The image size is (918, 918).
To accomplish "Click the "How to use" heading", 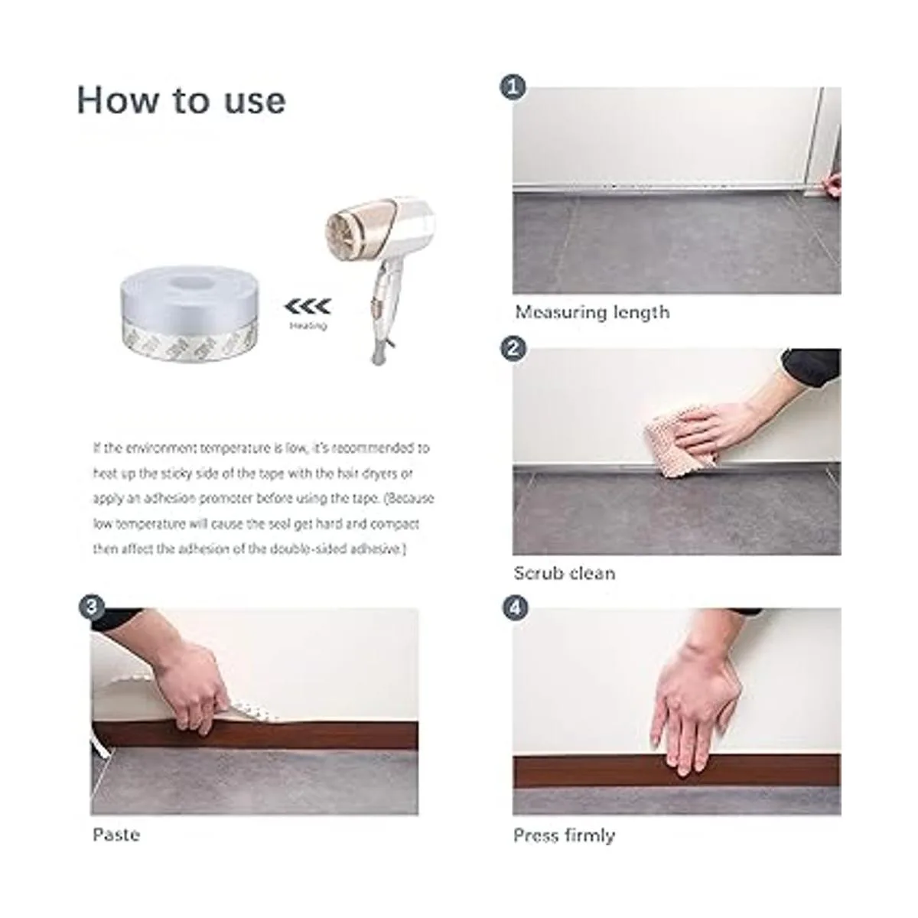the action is [x=181, y=101].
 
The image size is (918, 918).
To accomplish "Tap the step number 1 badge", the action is [x=513, y=88].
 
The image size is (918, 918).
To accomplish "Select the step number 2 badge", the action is [x=513, y=349].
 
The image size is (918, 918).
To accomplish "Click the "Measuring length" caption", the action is [x=592, y=313].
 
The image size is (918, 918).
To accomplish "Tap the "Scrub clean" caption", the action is [x=565, y=573].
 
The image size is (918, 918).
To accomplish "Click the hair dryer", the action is [x=380, y=273].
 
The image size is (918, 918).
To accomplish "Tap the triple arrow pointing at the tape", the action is [x=308, y=308].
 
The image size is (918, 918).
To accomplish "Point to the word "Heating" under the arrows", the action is [x=308, y=327].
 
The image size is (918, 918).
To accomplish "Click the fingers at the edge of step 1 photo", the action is [x=834, y=184].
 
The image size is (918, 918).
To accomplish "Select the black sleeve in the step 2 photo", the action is [x=812, y=367].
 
